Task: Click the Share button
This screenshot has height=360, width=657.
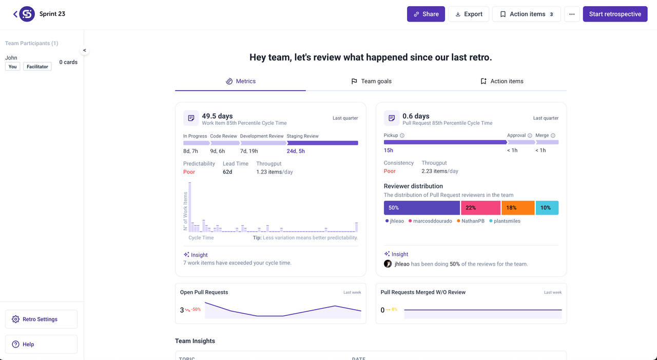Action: pyautogui.click(x=426, y=14)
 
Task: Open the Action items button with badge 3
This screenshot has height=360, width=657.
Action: pyautogui.click(x=526, y=14)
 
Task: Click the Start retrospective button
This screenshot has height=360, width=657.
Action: pyautogui.click(x=615, y=14)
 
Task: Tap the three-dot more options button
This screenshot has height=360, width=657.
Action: pyautogui.click(x=572, y=14)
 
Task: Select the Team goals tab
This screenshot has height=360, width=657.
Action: pyautogui.click(x=371, y=81)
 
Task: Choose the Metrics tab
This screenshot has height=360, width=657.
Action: pyautogui.click(x=241, y=81)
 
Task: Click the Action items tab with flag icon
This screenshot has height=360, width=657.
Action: pyautogui.click(x=501, y=81)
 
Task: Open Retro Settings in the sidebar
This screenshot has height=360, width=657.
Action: pyautogui.click(x=41, y=319)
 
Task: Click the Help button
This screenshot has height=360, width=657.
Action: pyautogui.click(x=41, y=344)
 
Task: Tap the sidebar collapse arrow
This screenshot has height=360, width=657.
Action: pyautogui.click(x=85, y=50)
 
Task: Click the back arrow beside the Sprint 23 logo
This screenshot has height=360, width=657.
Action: pyautogui.click(x=15, y=14)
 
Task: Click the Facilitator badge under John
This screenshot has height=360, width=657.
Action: pyautogui.click(x=37, y=67)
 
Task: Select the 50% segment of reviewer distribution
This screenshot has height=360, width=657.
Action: pyautogui.click(x=421, y=207)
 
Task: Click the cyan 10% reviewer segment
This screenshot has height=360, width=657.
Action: pyautogui.click(x=547, y=207)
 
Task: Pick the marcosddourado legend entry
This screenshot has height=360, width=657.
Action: pyautogui.click(x=430, y=221)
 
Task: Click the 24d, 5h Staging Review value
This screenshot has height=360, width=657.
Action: pyautogui.click(x=296, y=151)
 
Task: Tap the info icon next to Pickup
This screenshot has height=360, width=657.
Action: pyautogui.click(x=402, y=136)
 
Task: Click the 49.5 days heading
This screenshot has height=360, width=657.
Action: pyautogui.click(x=217, y=116)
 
